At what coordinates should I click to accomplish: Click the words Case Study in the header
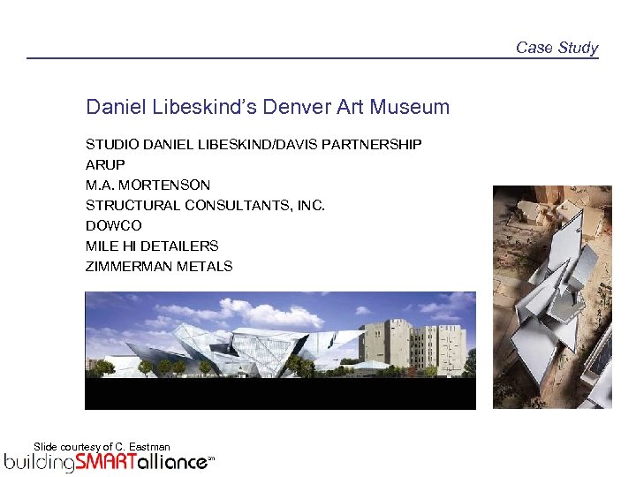click(x=556, y=48)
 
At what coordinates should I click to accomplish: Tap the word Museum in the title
click(x=410, y=108)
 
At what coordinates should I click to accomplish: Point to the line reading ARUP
click(x=105, y=164)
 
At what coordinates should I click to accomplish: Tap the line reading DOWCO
click(x=110, y=225)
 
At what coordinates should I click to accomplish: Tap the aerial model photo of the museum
click(x=551, y=296)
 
